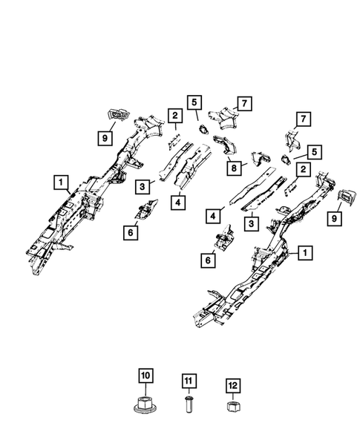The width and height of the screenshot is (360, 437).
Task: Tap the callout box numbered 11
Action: pos(188,382)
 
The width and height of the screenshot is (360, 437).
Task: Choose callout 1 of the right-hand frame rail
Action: pos(305,253)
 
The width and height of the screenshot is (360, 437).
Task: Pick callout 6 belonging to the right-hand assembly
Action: pos(209,260)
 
